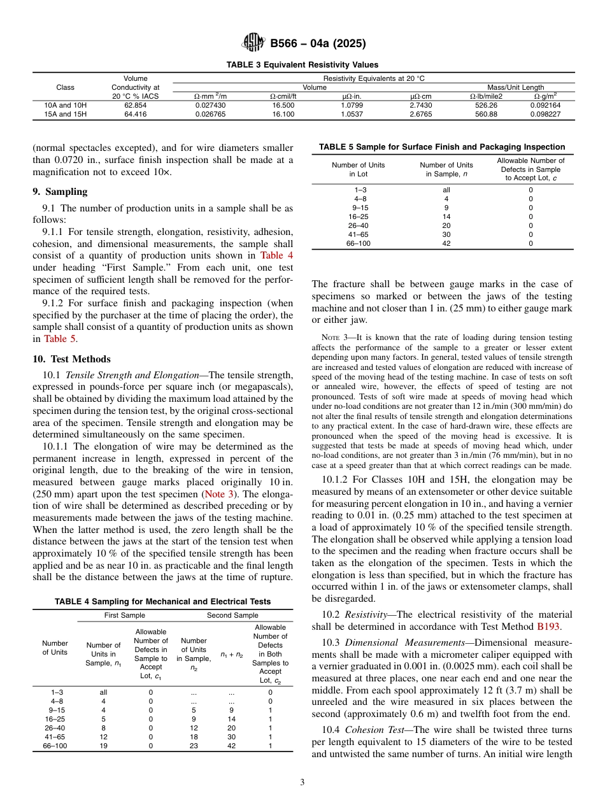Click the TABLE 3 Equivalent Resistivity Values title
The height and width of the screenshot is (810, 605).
(302, 64)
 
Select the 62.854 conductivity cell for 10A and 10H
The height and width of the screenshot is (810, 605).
(135, 105)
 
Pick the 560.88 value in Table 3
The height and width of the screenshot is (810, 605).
(486, 114)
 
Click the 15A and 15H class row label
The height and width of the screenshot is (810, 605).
(65, 114)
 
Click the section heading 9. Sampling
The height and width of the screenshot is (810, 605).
(60, 192)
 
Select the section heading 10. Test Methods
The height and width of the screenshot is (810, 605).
(71, 359)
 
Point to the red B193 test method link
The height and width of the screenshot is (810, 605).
(548, 626)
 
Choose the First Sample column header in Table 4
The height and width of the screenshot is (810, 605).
(125, 615)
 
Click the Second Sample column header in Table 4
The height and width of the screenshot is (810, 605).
(232, 615)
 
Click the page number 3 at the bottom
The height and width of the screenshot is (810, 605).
(302, 783)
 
